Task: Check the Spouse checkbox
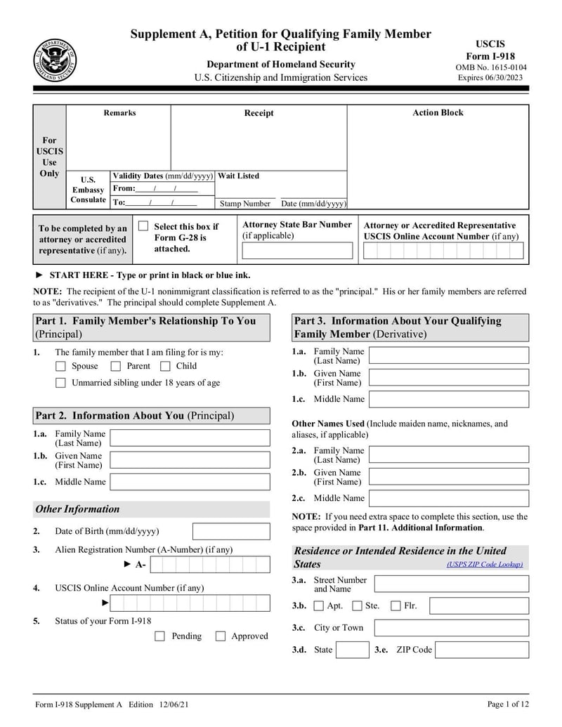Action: pyautogui.click(x=60, y=366)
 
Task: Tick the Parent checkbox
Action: pyautogui.click(x=116, y=366)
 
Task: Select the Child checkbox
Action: pyautogui.click(x=165, y=366)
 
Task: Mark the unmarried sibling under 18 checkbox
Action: pyautogui.click(x=60, y=383)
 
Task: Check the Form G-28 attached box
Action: pyautogui.click(x=143, y=226)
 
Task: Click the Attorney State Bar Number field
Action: pyautogui.click(x=297, y=251)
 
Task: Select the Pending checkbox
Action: pyautogui.click(x=159, y=636)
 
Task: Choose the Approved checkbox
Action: pyautogui.click(x=220, y=636)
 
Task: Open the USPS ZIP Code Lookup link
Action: pyautogui.click(x=485, y=565)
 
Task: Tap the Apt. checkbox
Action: pyautogui.click(x=319, y=605)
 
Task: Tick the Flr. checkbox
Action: pyautogui.click(x=396, y=605)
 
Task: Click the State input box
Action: pyautogui.click(x=352, y=650)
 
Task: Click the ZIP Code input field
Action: pyautogui.click(x=481, y=650)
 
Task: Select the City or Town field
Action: pyautogui.click(x=451, y=627)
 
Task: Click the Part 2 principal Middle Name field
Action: pyautogui.click(x=190, y=482)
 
